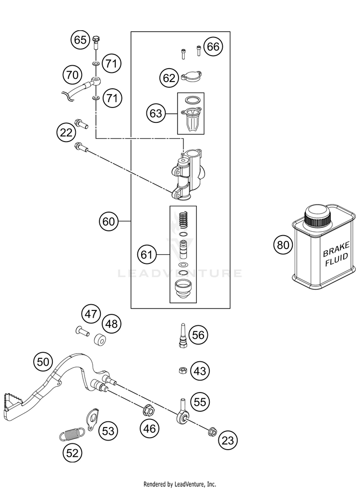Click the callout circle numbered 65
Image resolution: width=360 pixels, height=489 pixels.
coord(80,40)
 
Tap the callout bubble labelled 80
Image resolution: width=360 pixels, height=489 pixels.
coord(283,245)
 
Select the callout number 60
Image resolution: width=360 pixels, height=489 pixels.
coord(108,221)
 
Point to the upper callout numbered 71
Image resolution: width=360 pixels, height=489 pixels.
coord(111,64)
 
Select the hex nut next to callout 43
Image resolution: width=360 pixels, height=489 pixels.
coord(182,370)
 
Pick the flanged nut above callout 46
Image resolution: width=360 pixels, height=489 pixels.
coord(148,410)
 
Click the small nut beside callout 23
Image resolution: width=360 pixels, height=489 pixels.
coord(213,431)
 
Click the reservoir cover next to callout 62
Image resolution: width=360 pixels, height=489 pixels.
coord(191,76)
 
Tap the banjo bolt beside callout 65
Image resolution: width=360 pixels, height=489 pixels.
coord(96,42)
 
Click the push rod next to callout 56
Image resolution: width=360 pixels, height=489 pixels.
coord(182,335)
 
